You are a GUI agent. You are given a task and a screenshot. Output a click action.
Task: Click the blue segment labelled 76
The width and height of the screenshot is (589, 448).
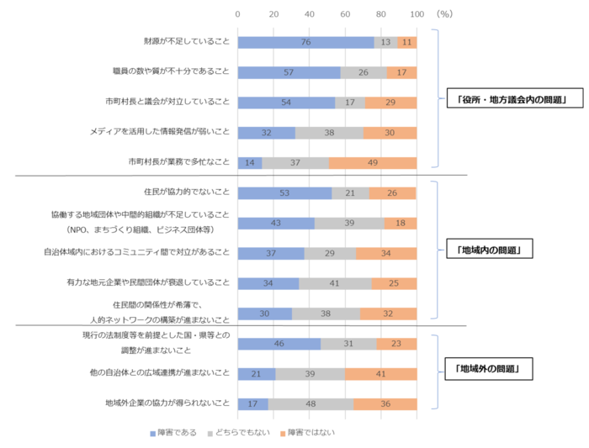[305, 42]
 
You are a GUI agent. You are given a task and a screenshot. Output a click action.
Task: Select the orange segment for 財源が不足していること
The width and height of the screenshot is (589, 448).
[407, 42]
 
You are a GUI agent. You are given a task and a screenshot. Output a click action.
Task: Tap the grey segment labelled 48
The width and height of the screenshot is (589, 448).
[310, 404]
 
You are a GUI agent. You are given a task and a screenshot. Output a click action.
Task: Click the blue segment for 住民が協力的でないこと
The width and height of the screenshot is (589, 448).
[285, 193]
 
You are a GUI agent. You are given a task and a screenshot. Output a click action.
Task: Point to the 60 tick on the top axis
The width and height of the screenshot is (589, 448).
[345, 14]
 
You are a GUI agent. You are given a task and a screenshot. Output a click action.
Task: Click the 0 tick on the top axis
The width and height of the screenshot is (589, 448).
[238, 14]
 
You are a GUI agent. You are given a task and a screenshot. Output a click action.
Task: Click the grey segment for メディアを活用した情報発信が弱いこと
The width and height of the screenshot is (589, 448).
[329, 133]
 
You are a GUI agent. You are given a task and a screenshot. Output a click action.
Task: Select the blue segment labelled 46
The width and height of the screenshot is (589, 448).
[279, 344]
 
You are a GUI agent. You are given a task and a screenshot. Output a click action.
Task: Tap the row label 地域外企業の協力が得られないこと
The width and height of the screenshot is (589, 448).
[167, 404]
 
